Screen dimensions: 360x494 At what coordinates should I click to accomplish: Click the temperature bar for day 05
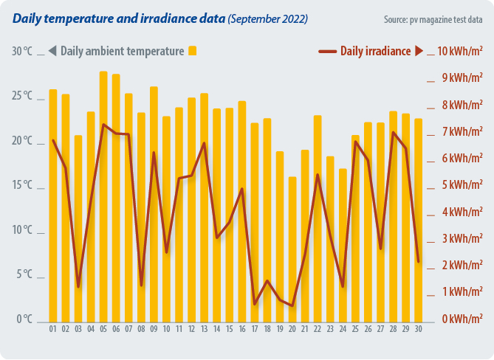pos(103,195)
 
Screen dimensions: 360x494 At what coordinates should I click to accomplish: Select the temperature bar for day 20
pos(292,248)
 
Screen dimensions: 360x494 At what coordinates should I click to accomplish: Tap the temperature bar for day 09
pos(154,203)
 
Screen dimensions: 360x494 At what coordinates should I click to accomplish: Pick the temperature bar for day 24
pos(343,244)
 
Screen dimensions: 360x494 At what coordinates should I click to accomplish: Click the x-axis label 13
pos(204,328)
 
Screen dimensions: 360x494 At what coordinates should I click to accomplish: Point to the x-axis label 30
pos(418,328)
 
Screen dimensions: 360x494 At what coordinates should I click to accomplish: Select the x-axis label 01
pos(53,328)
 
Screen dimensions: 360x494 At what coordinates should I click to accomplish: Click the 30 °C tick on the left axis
pos(22,52)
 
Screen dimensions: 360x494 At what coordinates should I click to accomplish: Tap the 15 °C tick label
pos(22,186)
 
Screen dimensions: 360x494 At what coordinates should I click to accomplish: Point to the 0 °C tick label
pos(24,319)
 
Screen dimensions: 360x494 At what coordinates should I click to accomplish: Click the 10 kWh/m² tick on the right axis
pos(460,52)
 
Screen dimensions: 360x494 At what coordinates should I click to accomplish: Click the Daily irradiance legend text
pos(374,51)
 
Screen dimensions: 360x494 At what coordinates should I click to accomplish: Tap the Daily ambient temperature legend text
pos(122,51)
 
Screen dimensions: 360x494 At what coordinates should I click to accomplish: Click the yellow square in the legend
pos(193,51)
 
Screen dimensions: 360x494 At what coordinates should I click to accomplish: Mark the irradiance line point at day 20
pos(292,305)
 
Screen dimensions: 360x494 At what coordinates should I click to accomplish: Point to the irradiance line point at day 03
pos(78,286)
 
